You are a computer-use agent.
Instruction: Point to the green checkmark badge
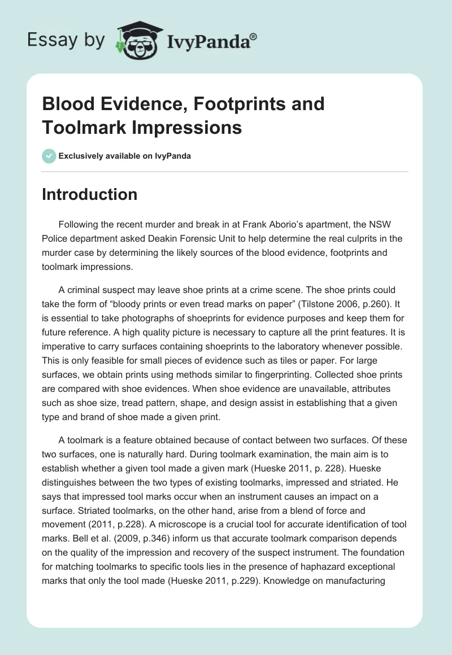[49, 156]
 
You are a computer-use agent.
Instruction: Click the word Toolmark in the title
[81, 127]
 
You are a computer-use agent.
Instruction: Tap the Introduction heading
[90, 194]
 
